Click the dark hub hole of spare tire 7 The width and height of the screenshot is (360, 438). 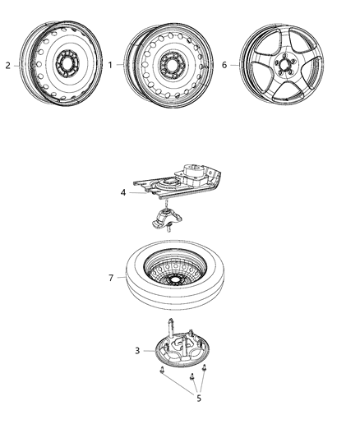(175, 279)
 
